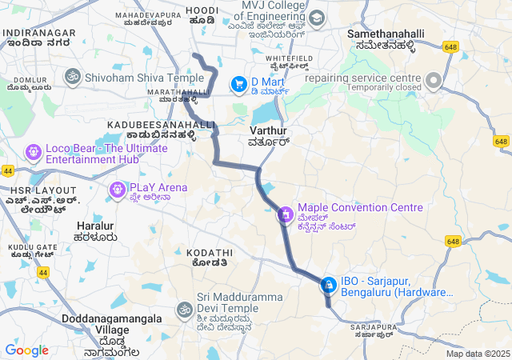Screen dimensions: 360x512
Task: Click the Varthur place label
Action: (268, 130)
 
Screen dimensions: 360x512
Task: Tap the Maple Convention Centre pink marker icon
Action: (286, 214)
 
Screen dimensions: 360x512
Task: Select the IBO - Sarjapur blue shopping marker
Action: (328, 285)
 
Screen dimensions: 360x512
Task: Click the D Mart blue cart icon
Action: (238, 83)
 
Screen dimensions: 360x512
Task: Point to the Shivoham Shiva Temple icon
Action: (73, 78)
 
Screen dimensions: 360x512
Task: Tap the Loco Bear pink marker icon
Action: (34, 150)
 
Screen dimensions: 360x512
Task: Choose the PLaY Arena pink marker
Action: (117, 189)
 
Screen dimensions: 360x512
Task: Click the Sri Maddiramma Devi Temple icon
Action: (185, 309)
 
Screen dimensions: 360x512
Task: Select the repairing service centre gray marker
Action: (434, 80)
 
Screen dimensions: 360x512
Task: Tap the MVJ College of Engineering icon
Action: (316, 18)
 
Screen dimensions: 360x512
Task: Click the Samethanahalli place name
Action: (385, 34)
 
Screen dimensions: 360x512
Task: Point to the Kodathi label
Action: (210, 252)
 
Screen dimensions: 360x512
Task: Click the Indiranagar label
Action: (39, 33)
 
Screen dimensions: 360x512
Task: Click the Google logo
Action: (26, 350)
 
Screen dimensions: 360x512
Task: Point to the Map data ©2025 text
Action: (478, 354)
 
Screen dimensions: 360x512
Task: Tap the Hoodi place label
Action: (202, 10)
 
